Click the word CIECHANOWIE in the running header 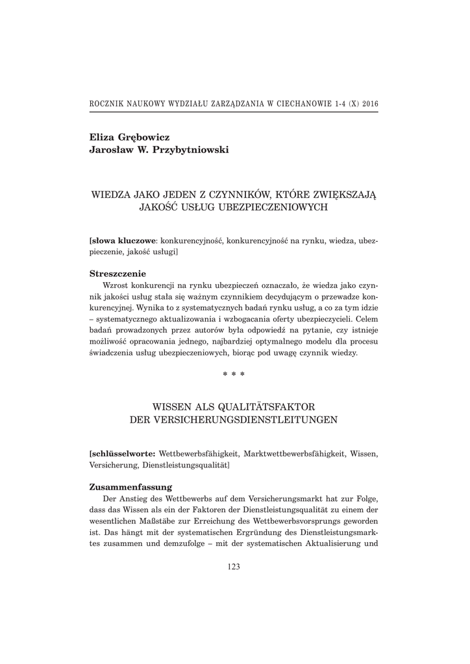(299, 104)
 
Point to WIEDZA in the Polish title (110, 193)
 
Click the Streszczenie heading (117, 274)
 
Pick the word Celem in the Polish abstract (367, 320)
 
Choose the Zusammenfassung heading (130, 486)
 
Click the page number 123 (234, 567)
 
